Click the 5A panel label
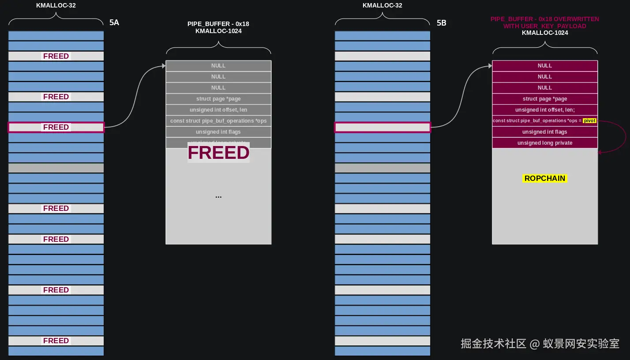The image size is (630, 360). click(x=114, y=22)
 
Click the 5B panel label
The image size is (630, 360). click(x=441, y=22)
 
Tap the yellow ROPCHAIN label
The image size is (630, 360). click(x=544, y=178)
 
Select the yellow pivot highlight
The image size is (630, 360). click(x=589, y=120)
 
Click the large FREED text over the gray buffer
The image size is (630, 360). click(x=218, y=152)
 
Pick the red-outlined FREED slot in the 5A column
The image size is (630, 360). click(x=56, y=127)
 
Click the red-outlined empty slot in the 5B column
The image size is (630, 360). click(x=382, y=127)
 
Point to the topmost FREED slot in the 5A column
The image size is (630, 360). click(x=56, y=56)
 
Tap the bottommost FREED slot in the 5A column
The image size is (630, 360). click(x=56, y=341)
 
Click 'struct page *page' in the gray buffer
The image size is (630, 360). click(x=218, y=99)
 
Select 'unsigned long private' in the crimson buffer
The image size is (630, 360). click(x=544, y=143)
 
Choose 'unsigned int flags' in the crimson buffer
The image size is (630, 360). click(x=544, y=132)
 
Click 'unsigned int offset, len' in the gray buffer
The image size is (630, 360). click(x=218, y=110)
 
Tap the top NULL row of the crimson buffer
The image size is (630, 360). click(x=544, y=66)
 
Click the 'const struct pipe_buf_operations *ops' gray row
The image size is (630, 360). click(x=218, y=121)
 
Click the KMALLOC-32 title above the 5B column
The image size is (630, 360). click(x=382, y=5)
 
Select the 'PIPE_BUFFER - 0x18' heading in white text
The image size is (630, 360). click(x=218, y=24)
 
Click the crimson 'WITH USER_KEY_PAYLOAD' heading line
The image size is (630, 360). click(x=544, y=26)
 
